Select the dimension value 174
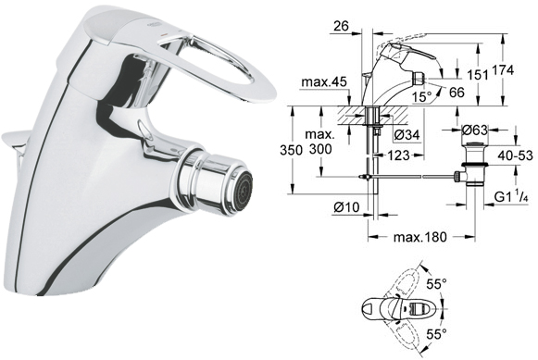click(503, 70)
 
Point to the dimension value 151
click(477, 75)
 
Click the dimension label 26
click(341, 26)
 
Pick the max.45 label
click(324, 82)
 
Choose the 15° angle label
click(422, 97)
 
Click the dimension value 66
click(457, 93)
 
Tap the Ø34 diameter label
click(407, 135)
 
